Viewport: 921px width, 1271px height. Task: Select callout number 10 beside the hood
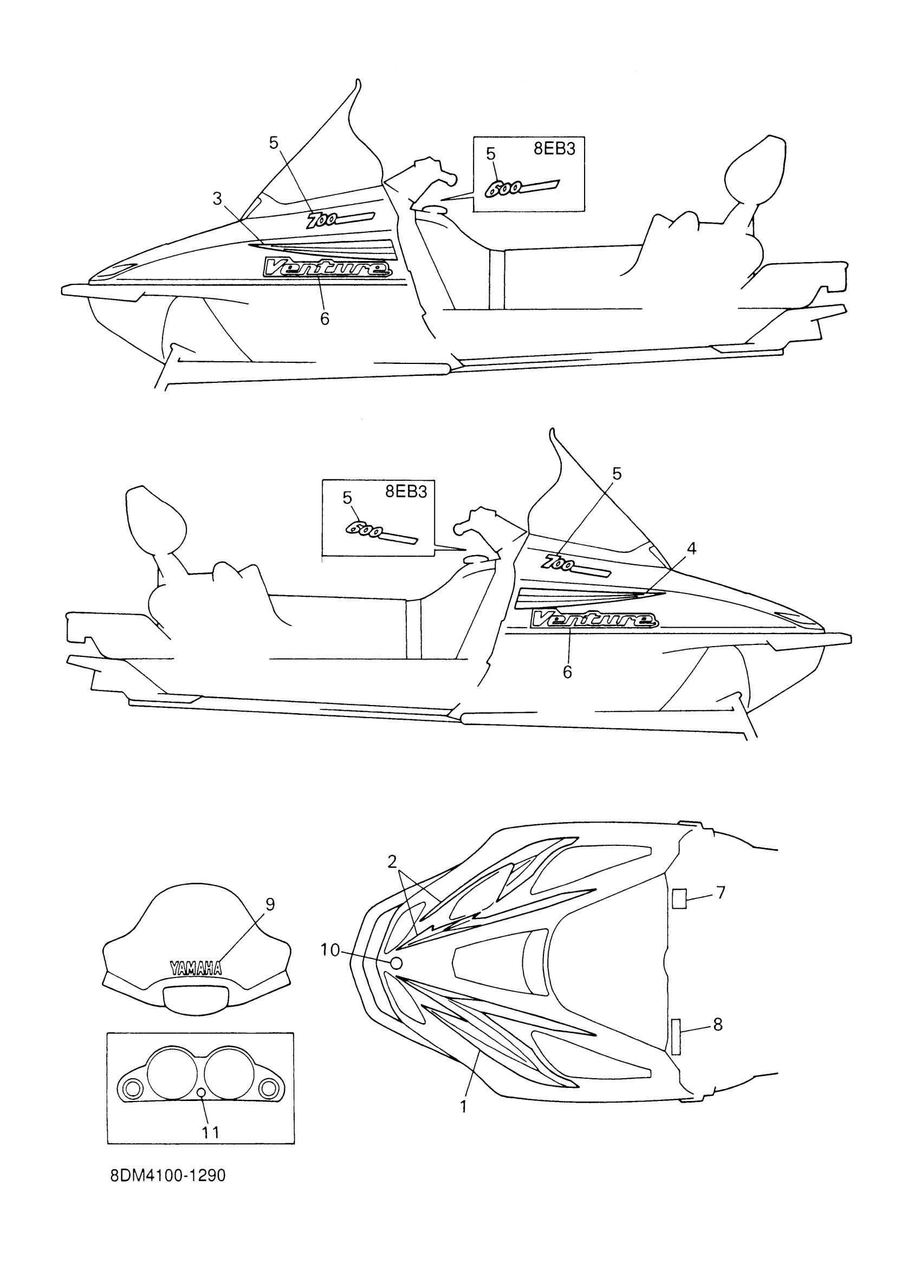point(330,950)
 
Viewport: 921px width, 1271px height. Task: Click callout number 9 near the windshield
point(270,904)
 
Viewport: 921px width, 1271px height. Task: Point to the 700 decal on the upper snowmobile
point(340,219)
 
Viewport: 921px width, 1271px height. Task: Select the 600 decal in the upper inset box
point(521,188)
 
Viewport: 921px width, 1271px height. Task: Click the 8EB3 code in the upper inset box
point(554,149)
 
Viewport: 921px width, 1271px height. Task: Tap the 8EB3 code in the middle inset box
point(406,492)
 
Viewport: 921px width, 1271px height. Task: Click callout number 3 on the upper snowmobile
point(217,198)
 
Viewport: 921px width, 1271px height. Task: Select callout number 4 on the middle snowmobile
point(691,549)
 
